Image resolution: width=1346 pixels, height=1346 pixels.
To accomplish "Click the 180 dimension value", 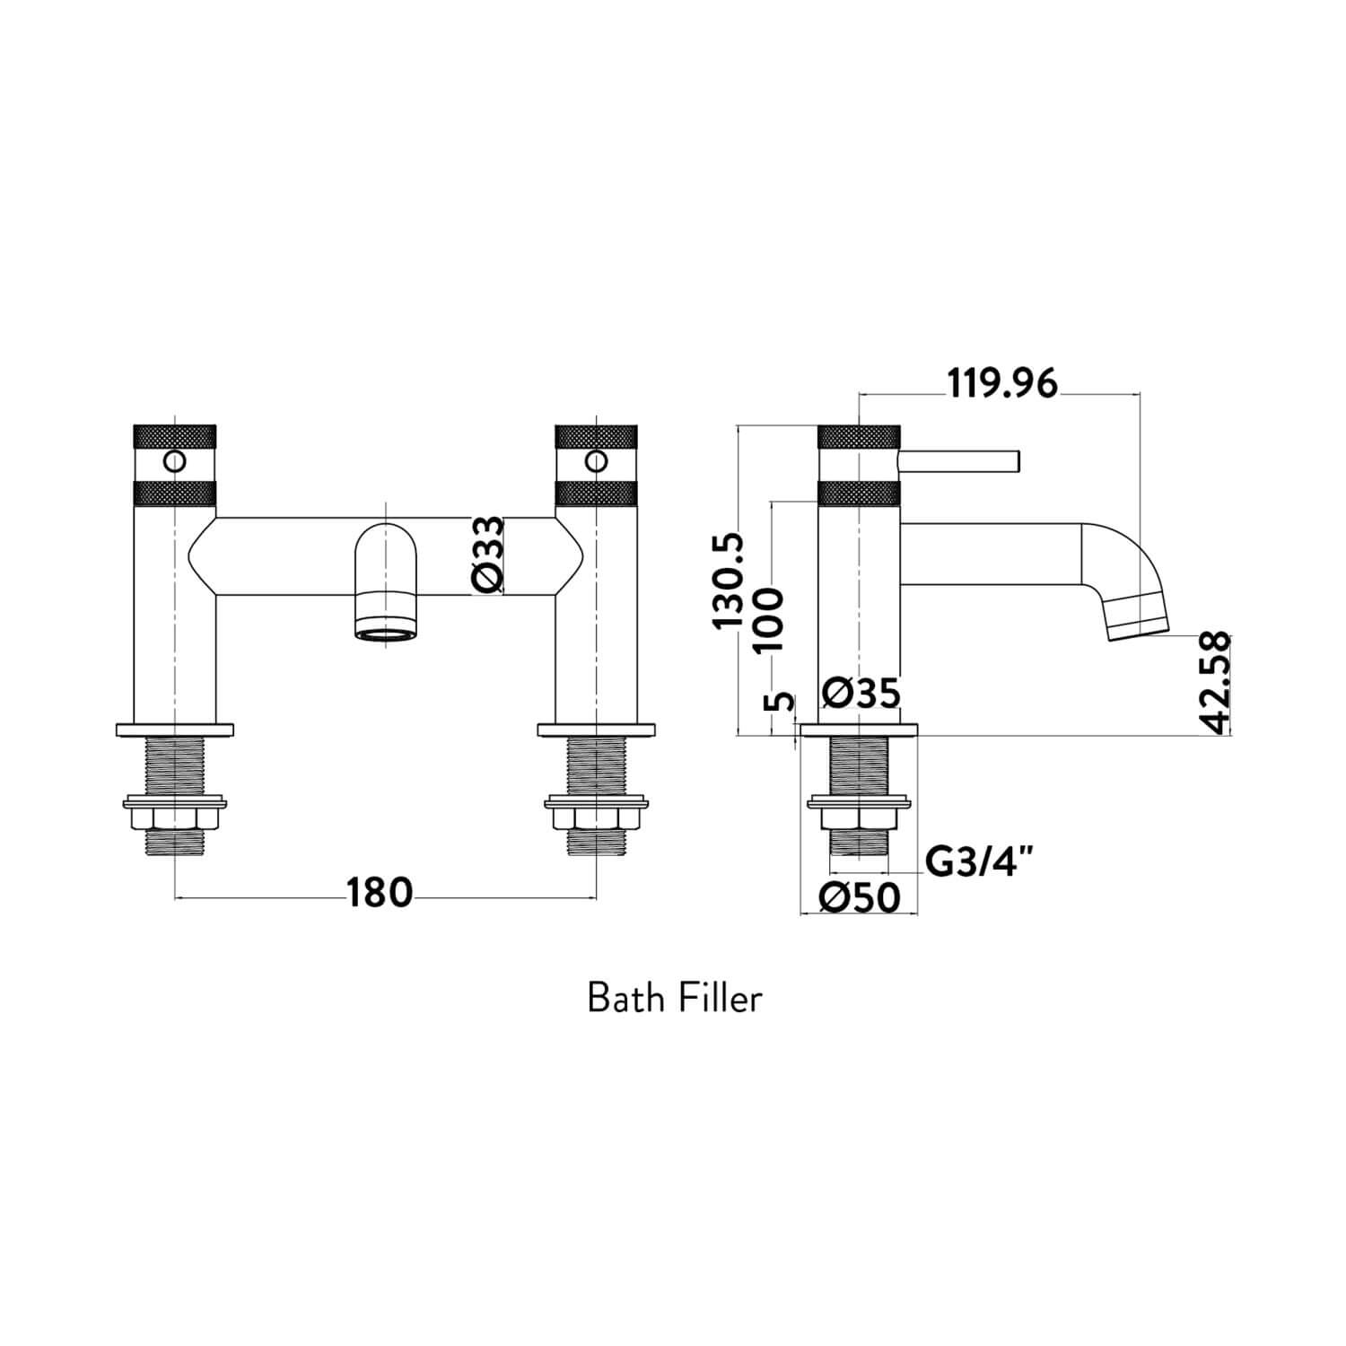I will tap(380, 893).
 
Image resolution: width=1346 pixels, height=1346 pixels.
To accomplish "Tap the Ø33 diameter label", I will tap(488, 555).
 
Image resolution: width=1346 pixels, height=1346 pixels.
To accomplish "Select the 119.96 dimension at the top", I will tap(1002, 384).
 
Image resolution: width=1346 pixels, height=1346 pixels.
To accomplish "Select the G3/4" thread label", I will tap(979, 862).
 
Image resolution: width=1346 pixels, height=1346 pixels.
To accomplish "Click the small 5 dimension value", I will tap(782, 701).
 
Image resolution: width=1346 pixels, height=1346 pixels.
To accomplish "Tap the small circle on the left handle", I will tap(174, 462).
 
